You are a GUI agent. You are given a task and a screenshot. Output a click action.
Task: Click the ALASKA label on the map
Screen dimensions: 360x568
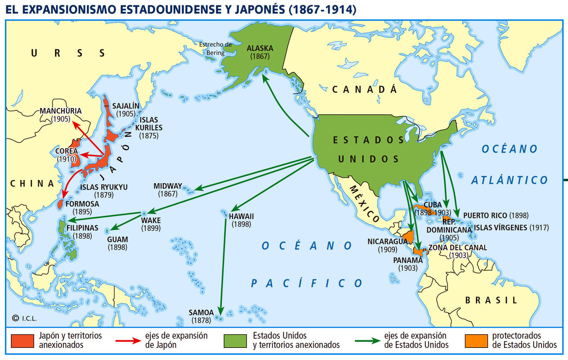259,49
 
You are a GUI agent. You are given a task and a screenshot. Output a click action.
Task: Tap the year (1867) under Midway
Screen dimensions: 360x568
168,194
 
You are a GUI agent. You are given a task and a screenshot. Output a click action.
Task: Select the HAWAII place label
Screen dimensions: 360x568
242,216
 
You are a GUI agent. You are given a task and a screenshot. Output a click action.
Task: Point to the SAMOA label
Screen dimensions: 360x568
201,312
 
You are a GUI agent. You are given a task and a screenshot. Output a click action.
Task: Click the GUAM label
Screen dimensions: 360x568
117,239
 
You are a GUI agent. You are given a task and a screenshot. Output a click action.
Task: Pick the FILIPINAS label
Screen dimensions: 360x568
83,228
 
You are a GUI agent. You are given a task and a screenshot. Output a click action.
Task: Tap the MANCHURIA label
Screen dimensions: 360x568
60,111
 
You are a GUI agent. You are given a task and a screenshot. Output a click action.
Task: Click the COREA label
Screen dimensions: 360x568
66,151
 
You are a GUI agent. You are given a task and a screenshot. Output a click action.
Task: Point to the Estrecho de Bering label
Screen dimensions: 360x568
215,49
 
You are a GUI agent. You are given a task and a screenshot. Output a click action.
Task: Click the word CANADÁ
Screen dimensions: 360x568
364,90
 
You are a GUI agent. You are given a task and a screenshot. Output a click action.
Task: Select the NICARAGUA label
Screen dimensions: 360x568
387,241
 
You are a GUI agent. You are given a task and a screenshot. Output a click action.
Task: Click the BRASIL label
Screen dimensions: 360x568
491,300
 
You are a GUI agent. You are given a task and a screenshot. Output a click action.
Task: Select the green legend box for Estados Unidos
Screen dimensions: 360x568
235,341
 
